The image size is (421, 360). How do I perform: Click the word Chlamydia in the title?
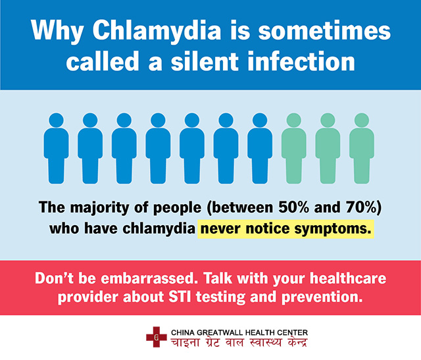click(x=157, y=31)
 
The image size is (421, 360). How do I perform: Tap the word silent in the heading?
click(x=205, y=61)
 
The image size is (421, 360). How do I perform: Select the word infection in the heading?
click(x=301, y=61)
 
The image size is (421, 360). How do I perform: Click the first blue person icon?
click(x=56, y=148)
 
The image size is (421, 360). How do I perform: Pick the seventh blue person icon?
click(x=260, y=148)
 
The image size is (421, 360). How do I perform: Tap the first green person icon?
click(x=294, y=148)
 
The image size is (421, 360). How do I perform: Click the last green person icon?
click(x=362, y=148)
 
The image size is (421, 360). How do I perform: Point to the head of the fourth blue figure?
click(x=158, y=120)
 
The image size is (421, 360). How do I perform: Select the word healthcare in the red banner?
click(x=348, y=278)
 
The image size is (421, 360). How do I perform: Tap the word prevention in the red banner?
click(x=322, y=297)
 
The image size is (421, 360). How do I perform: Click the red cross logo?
click(x=157, y=337)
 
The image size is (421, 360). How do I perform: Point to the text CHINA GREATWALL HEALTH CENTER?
click(x=239, y=332)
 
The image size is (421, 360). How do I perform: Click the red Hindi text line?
click(x=239, y=343)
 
